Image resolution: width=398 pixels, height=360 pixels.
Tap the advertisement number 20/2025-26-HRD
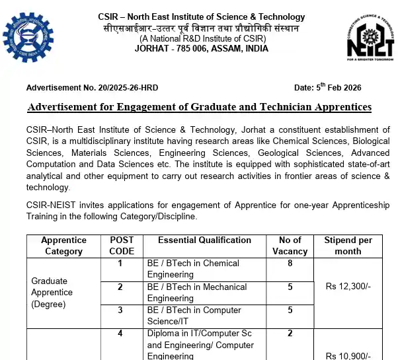[92, 88]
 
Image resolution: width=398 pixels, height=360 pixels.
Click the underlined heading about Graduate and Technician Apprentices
[200, 107]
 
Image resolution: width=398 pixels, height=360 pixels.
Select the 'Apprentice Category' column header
[63, 245]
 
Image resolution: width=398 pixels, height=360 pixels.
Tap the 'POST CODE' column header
[121, 245]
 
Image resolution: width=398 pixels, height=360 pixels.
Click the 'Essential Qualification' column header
[204, 240]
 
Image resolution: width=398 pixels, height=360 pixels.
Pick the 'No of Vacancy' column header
[290, 245]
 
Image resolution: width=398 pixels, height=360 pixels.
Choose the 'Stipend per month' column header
[348, 245]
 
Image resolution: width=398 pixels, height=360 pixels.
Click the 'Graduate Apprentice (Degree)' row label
[52, 292]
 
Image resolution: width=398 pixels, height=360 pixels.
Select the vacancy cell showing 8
[290, 263]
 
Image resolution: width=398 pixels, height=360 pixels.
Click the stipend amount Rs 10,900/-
[348, 355]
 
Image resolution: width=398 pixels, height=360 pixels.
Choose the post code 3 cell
[120, 310]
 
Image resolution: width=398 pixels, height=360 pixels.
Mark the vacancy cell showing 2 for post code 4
[290, 334]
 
